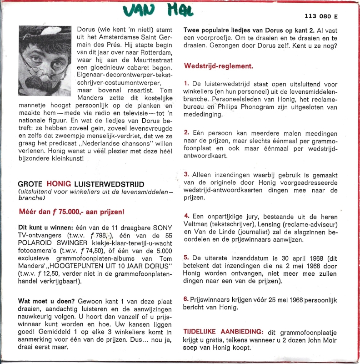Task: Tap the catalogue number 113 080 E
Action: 323,17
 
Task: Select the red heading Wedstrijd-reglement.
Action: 218,66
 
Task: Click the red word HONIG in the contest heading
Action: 59,184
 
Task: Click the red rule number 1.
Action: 186,84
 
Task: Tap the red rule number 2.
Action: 186,132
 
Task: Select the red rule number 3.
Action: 186,174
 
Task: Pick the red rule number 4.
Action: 186,215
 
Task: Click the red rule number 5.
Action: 186,257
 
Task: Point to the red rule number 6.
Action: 186,298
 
